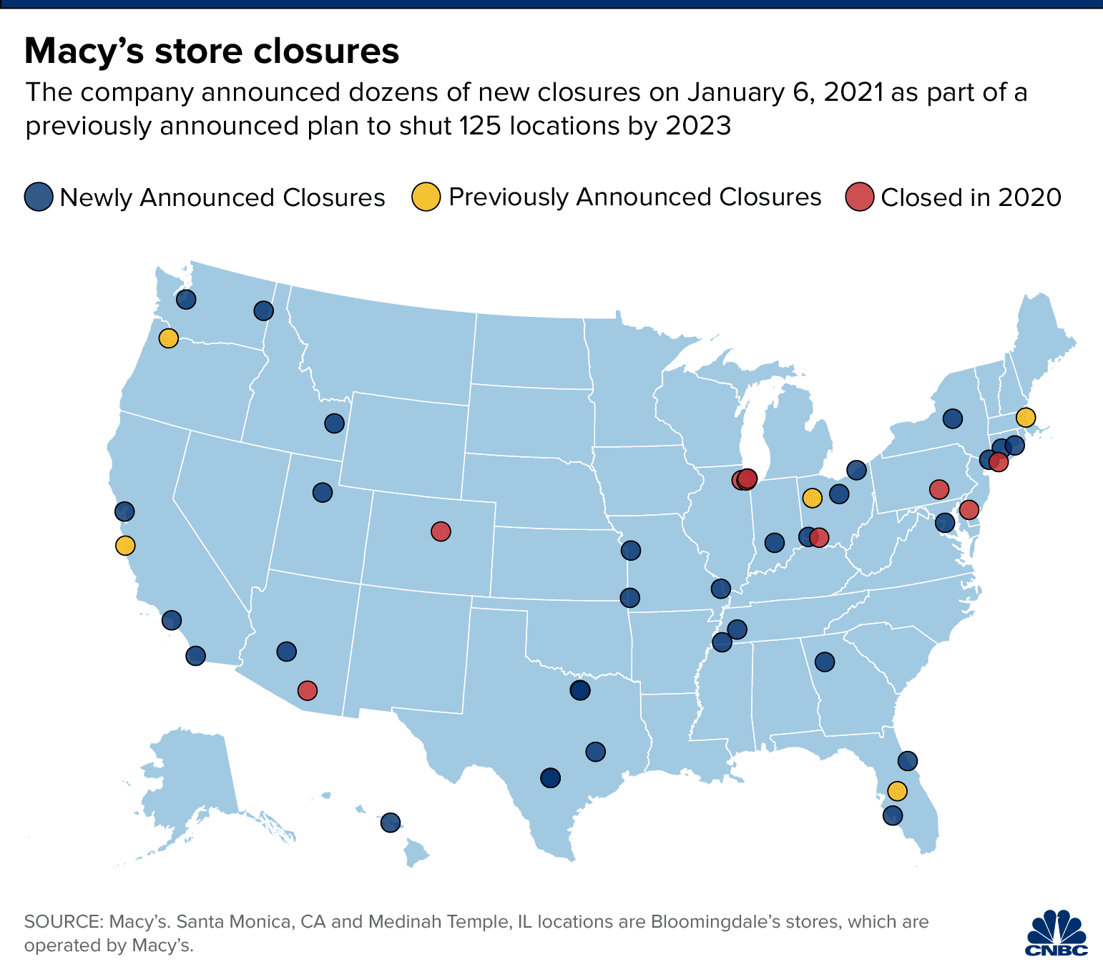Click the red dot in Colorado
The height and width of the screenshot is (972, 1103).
(x=441, y=531)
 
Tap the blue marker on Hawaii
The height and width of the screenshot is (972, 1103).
(x=390, y=823)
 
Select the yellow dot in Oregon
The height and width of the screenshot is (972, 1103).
(x=168, y=338)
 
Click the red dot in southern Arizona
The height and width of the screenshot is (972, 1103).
(x=308, y=690)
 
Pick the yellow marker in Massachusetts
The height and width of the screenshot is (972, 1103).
(x=1025, y=417)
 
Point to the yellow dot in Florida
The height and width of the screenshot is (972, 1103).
(x=897, y=790)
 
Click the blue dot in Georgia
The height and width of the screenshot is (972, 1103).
(x=825, y=662)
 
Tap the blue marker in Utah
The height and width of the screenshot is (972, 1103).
(x=323, y=493)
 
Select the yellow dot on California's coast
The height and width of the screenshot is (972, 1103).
(x=125, y=546)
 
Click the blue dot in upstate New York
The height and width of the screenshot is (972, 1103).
(x=952, y=418)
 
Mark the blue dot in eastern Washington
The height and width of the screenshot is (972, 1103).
(x=264, y=310)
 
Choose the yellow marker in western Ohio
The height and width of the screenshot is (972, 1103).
(x=812, y=497)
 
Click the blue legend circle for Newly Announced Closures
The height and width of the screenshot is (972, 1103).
(x=39, y=197)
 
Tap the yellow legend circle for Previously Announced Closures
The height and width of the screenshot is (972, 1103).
(x=426, y=197)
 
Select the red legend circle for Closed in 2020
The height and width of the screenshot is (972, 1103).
(x=860, y=197)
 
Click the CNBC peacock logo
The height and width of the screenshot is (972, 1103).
(x=1057, y=933)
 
